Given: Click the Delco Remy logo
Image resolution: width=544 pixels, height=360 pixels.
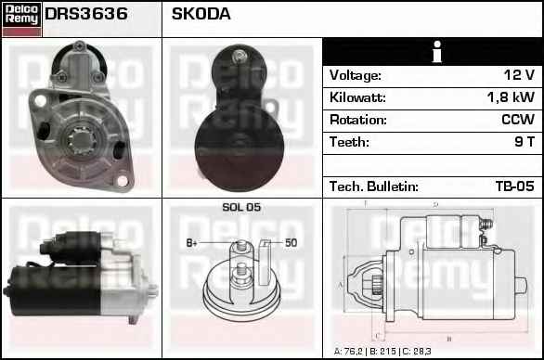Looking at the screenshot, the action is click(x=21, y=19).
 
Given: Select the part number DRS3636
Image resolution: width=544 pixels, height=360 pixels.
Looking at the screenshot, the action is click(x=86, y=14).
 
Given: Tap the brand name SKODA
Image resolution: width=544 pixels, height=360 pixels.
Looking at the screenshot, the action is click(x=201, y=14).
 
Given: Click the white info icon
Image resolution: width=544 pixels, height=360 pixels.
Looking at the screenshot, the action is click(x=437, y=52).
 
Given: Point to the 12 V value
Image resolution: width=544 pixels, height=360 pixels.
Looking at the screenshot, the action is click(x=519, y=75).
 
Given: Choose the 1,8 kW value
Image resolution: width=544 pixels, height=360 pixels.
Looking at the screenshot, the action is click(x=511, y=97).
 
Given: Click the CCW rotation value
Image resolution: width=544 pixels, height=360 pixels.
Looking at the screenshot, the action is click(x=518, y=120).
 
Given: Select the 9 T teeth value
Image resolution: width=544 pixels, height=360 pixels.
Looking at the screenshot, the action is click(x=525, y=142).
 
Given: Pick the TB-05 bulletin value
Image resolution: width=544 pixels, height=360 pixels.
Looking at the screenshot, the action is click(x=515, y=186).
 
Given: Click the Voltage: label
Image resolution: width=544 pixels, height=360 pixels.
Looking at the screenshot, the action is click(x=356, y=75).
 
